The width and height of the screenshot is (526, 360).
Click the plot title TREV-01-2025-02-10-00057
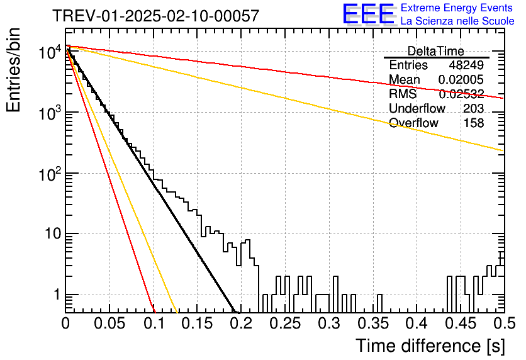tap(156, 16)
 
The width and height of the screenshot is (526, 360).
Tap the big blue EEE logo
tap(369, 14)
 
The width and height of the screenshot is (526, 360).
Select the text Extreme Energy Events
tap(457, 8)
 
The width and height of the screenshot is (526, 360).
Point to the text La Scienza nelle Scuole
tap(457, 21)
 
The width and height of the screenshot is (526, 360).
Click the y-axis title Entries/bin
tap(14, 70)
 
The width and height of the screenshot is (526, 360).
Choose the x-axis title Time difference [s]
tap(430, 346)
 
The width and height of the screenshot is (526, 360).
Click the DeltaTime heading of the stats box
tap(436, 52)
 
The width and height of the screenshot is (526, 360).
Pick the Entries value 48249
tap(466, 65)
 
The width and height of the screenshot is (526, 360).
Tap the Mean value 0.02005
tap(461, 79)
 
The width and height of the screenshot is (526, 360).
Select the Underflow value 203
tap(473, 108)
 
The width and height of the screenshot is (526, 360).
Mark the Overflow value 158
tap(474, 123)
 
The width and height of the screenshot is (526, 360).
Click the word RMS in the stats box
tap(403, 94)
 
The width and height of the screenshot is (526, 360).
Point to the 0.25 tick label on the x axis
tap(285, 323)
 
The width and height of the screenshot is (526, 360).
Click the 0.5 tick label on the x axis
tap(504, 323)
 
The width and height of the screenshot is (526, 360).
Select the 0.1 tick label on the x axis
tap(154, 323)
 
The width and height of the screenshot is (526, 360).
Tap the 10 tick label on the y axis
tap(53, 233)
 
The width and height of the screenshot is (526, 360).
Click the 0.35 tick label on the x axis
tap(373, 323)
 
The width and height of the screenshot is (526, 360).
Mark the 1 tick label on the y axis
tap(57, 295)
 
